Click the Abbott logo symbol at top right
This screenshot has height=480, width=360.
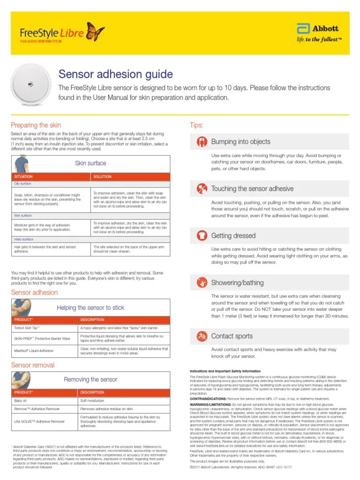coord(302,29)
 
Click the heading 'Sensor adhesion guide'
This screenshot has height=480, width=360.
coord(115,74)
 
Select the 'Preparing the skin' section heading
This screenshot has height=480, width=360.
coord(36,125)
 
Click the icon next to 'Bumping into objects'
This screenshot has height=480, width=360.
coord(201,142)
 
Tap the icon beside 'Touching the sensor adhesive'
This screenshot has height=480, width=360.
coord(201,189)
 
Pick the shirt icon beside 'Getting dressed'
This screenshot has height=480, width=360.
coord(201,236)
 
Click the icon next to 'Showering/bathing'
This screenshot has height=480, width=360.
coord(201,283)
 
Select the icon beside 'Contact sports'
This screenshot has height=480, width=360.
coord(201,336)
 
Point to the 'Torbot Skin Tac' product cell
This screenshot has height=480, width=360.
coord(27,328)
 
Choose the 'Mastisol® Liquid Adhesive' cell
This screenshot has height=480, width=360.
coord(34,350)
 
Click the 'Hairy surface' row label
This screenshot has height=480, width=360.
coord(23,239)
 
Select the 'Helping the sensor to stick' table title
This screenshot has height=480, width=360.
coord(90,308)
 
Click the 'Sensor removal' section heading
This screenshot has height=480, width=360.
coord(33,365)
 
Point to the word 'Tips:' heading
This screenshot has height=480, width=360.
coord(196,125)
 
